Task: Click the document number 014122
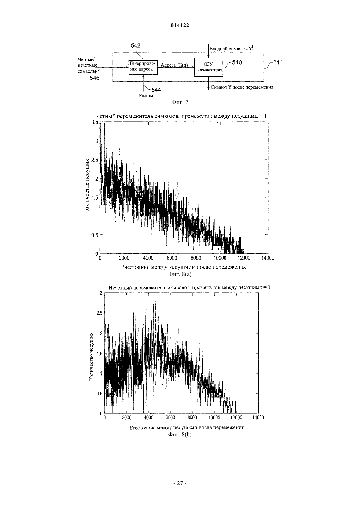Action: tap(180, 26)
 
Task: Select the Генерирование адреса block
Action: tap(143, 67)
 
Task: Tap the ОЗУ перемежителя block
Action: tap(209, 67)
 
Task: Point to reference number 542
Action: tap(136, 45)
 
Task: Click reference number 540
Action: tap(237, 62)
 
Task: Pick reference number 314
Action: tap(278, 62)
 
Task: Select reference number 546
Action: tap(95, 78)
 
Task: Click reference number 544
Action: tap(156, 90)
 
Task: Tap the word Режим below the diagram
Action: tap(146, 96)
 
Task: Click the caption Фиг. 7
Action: tap(180, 102)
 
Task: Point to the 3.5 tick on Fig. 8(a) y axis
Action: tap(95, 122)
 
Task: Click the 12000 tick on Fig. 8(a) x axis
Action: tap(244, 258)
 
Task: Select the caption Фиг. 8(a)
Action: tap(180, 274)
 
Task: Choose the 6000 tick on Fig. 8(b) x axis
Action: tap(170, 418)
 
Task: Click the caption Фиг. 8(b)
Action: tap(180, 435)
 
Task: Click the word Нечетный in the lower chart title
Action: tap(120, 288)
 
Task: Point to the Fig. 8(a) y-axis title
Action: tap(87, 185)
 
